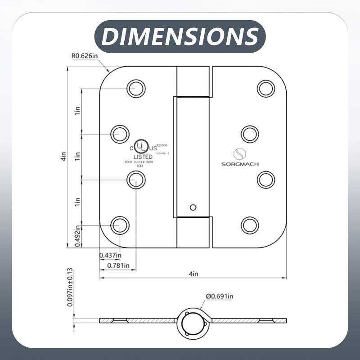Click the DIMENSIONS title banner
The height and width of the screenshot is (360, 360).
pyautogui.click(x=180, y=36)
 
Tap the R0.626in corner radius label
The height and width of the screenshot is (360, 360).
pyautogui.click(x=85, y=56)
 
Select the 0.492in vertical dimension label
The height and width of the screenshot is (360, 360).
pyautogui.click(x=77, y=236)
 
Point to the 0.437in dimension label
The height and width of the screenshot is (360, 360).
pyautogui.click(x=110, y=256)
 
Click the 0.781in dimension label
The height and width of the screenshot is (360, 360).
pyautogui.click(x=118, y=265)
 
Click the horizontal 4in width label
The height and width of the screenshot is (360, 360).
pyautogui.click(x=193, y=274)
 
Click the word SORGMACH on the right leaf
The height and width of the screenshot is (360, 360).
pyautogui.click(x=240, y=164)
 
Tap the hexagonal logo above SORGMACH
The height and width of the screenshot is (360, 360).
pyautogui.click(x=239, y=153)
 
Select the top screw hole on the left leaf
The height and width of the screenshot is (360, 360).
pyautogui.click(x=135, y=88)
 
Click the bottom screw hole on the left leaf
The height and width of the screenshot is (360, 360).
pyautogui.click(x=120, y=225)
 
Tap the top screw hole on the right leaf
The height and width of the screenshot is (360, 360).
pyautogui.click(x=266, y=88)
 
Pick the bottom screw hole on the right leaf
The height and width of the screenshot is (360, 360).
pyautogui.click(x=250, y=225)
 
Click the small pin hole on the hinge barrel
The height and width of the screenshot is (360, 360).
pyautogui.click(x=193, y=207)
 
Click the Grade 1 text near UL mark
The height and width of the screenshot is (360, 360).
pyautogui.click(x=162, y=153)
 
